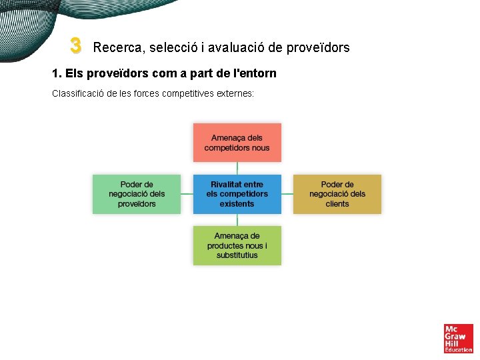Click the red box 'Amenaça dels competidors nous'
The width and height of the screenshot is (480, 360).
[237, 143]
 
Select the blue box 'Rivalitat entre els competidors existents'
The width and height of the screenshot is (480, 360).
[237, 194]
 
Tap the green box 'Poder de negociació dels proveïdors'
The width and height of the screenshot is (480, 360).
[137, 194]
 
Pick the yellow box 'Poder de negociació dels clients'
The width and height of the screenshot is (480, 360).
[337, 194]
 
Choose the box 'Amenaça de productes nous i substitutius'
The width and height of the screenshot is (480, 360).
[237, 245]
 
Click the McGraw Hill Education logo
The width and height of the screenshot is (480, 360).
[458, 339]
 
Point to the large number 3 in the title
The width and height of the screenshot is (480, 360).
[75, 46]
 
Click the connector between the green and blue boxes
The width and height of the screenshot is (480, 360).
[187, 194]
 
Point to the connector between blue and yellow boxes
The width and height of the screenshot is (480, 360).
[287, 194]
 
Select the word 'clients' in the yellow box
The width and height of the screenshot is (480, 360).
[337, 204]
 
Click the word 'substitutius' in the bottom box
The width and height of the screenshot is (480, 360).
[237, 255]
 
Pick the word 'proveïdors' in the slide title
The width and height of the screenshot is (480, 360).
[318, 47]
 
